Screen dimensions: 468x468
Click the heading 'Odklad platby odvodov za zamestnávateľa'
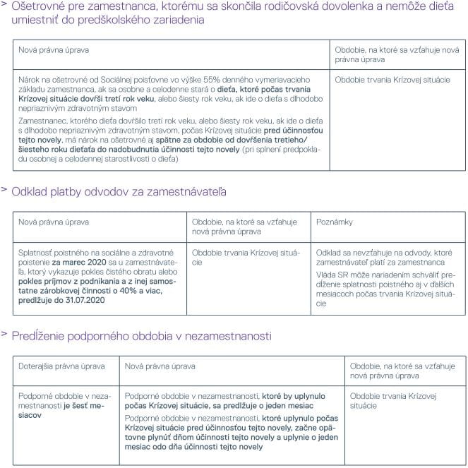click(x=119, y=192)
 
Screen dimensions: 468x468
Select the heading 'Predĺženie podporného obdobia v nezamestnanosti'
click(x=141, y=336)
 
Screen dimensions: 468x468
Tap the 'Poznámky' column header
click(x=335, y=222)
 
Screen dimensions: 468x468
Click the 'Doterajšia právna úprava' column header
click(x=61, y=366)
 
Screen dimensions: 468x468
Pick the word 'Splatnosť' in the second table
click(x=36, y=252)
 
